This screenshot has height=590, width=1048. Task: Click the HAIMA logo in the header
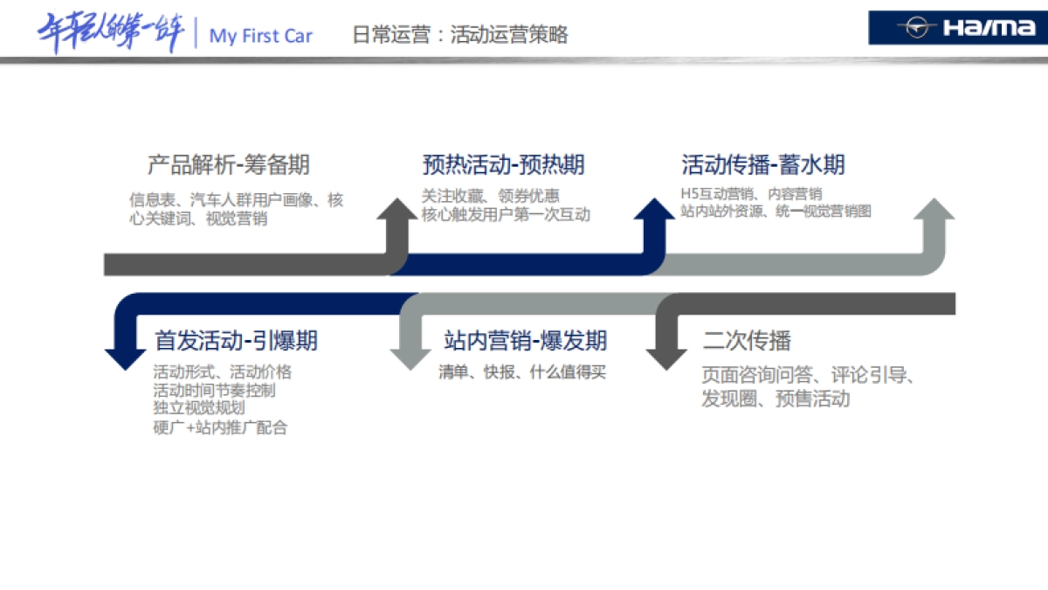957,28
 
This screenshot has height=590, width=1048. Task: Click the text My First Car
260,36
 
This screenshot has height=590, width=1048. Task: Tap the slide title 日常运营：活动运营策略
460,34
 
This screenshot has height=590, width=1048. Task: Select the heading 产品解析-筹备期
228,164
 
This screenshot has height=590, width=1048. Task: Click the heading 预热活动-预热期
503,164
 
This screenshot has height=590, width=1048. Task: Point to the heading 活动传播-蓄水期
762,164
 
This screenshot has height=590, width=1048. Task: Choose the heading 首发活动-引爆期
236,340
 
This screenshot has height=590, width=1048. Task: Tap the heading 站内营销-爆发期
525,340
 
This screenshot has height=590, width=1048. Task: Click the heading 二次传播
747,340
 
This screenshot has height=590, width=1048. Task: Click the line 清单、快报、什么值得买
521,372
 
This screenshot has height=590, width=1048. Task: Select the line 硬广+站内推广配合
220,427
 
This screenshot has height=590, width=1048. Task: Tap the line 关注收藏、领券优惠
490,196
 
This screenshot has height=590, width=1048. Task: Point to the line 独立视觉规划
198,408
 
